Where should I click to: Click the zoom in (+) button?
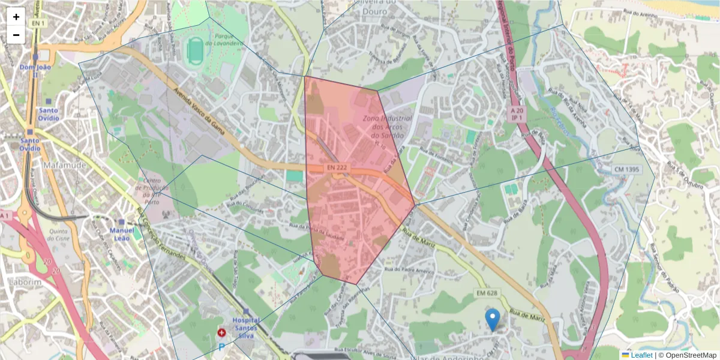16,17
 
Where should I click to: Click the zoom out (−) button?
16,35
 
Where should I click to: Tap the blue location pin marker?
493,320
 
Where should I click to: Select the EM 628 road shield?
487,293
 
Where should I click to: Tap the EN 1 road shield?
38,23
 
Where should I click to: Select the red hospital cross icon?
221,332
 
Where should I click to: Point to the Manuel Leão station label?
122,234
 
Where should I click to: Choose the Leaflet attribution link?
641,355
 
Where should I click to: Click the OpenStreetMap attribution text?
688,355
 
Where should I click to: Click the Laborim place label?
25,281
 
